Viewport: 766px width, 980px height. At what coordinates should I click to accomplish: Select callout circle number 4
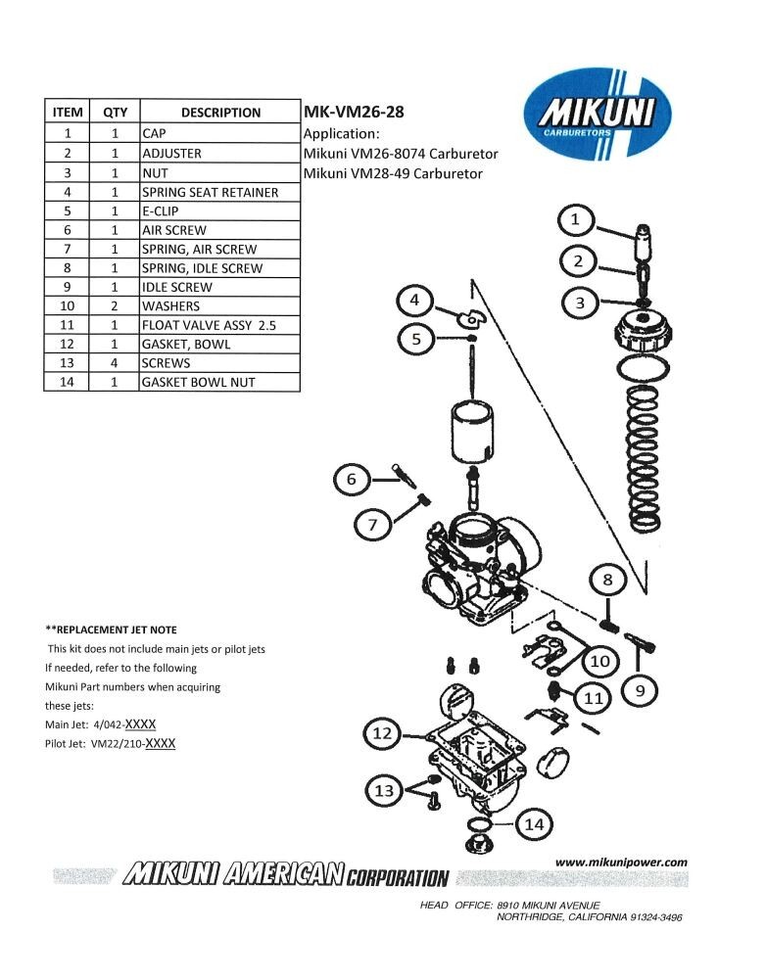click(414, 300)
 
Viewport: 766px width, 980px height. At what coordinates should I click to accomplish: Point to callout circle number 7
click(372, 525)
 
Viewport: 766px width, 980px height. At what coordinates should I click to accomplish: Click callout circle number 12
click(383, 732)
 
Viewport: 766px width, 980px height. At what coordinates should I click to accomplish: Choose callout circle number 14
click(533, 824)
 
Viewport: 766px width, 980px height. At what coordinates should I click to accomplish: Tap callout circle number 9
click(640, 691)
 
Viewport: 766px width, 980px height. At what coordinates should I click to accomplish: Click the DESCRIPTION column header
click(220, 113)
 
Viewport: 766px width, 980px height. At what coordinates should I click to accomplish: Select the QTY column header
click(116, 113)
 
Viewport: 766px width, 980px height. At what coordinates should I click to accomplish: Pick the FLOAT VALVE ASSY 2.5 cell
click(208, 325)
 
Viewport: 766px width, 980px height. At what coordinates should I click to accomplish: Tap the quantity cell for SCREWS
click(116, 363)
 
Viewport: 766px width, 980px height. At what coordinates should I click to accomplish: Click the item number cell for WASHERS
click(68, 306)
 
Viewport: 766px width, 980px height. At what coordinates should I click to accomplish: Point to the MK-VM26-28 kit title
click(355, 112)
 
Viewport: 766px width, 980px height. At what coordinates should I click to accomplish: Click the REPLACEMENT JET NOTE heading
click(112, 630)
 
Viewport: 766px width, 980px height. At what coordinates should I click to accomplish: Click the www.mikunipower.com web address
click(621, 862)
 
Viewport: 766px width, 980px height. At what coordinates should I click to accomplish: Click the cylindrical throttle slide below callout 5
click(474, 431)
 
